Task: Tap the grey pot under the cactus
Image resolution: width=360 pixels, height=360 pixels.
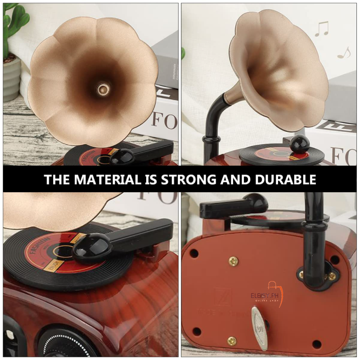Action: pyautogui.click(x=11, y=79)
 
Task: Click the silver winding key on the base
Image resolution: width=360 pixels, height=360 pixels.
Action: pyautogui.click(x=260, y=326)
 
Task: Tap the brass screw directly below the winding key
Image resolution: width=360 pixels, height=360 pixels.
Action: pyautogui.click(x=232, y=341)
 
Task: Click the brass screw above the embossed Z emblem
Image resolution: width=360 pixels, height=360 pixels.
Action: pyautogui.click(x=233, y=260)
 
